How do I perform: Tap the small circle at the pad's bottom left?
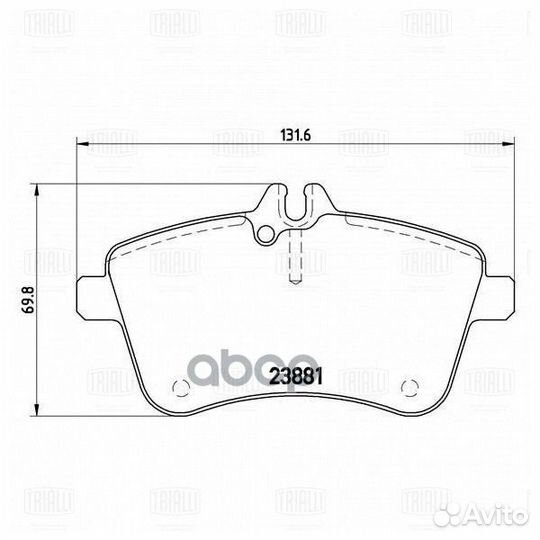click(183, 387)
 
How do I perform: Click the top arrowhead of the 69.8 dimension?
click(38, 189)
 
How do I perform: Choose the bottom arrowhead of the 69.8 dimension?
click(38, 412)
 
